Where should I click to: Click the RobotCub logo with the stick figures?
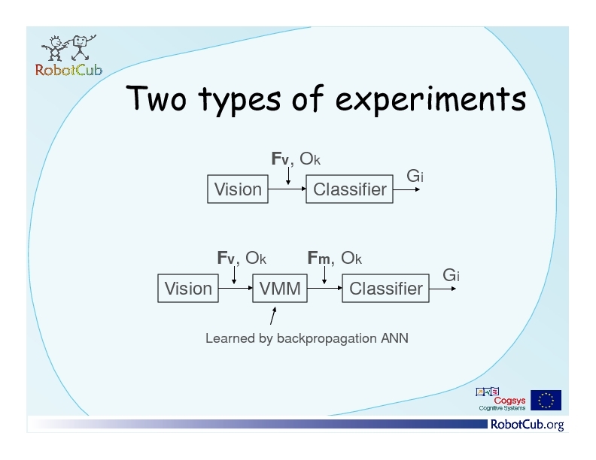pos(68,56)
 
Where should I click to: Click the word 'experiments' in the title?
pos(431,99)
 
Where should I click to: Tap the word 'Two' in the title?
pos(157,98)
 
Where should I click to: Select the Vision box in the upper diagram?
pos(238,189)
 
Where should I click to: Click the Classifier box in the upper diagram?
pos(349,189)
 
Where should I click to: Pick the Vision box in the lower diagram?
pos(188,289)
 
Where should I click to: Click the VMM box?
pos(280,289)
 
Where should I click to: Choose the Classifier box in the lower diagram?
pos(385,289)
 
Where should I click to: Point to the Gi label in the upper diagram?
pos(415,176)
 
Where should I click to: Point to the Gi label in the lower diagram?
pos(451,275)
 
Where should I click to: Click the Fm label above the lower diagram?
pos(318,258)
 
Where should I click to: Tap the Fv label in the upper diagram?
pos(280,159)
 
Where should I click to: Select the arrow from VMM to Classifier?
pos(324,288)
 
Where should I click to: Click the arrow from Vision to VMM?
pos(236,288)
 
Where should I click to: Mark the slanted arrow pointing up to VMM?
pos(273,316)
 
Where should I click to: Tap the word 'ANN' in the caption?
pos(394,338)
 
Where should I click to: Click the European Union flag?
pos(546,400)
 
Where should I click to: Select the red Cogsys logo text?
pos(509,401)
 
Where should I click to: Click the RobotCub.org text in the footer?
pos(528,425)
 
